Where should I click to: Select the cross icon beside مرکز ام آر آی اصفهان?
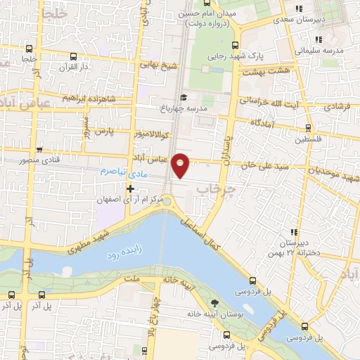pos(130,188)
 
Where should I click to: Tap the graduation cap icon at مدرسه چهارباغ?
pos(184,97)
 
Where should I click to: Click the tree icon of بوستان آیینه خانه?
pos(215,302)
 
